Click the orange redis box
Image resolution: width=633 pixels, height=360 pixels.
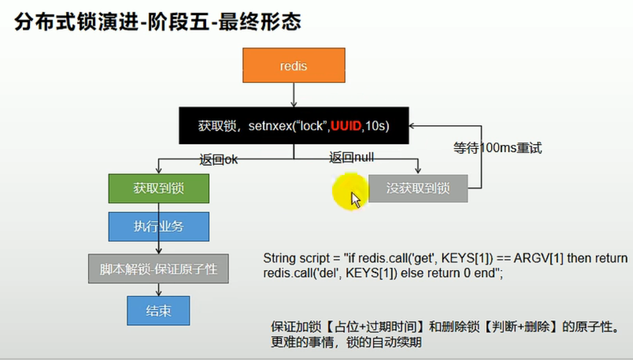(x=294, y=65)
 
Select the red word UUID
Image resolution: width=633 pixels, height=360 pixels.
(x=345, y=126)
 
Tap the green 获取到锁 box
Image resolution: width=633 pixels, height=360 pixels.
(x=158, y=189)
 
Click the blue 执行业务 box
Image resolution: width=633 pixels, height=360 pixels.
(x=158, y=226)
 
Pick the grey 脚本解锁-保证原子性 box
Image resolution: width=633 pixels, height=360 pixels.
(x=158, y=269)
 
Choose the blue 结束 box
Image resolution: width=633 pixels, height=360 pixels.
(x=158, y=311)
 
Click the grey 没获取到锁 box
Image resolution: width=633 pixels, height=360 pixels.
(x=418, y=189)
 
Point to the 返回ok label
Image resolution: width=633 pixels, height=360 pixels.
(x=219, y=160)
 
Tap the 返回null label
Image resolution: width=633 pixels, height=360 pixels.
(x=351, y=157)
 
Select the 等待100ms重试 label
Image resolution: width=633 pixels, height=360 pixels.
(x=497, y=148)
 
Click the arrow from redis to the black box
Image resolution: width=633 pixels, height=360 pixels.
(x=294, y=95)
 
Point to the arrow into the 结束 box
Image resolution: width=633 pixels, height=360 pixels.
(x=158, y=290)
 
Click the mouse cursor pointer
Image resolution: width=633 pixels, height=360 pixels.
(x=355, y=200)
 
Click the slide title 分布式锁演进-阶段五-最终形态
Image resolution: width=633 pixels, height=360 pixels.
(x=158, y=22)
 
